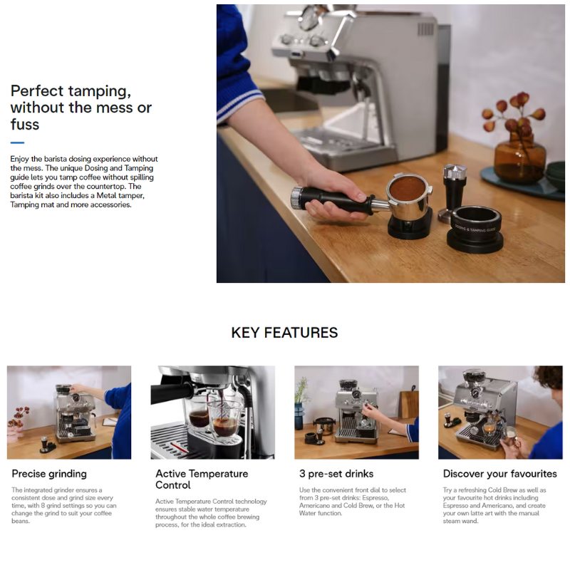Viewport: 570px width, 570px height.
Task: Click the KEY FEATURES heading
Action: click(x=284, y=333)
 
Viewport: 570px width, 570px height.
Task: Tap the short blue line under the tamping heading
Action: click(x=17, y=143)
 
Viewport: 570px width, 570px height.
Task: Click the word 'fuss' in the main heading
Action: click(x=25, y=124)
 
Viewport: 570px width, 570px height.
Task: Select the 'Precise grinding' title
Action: click(x=49, y=474)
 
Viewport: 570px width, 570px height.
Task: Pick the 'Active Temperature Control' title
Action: click(x=202, y=479)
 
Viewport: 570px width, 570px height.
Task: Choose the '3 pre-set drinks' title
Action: click(x=336, y=474)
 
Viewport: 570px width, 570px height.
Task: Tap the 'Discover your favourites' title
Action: click(x=500, y=474)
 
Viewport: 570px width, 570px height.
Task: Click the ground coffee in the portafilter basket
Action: click(x=407, y=189)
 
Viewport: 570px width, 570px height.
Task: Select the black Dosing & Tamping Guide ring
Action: click(x=475, y=228)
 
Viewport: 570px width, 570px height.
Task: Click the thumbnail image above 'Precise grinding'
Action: click(x=69, y=413)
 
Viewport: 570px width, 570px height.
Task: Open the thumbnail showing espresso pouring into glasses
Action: click(x=212, y=413)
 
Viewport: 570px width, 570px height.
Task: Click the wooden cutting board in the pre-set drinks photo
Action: click(x=409, y=403)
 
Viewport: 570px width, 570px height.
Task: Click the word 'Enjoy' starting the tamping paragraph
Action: click(x=20, y=159)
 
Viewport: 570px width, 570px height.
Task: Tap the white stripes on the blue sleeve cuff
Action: click(x=240, y=104)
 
